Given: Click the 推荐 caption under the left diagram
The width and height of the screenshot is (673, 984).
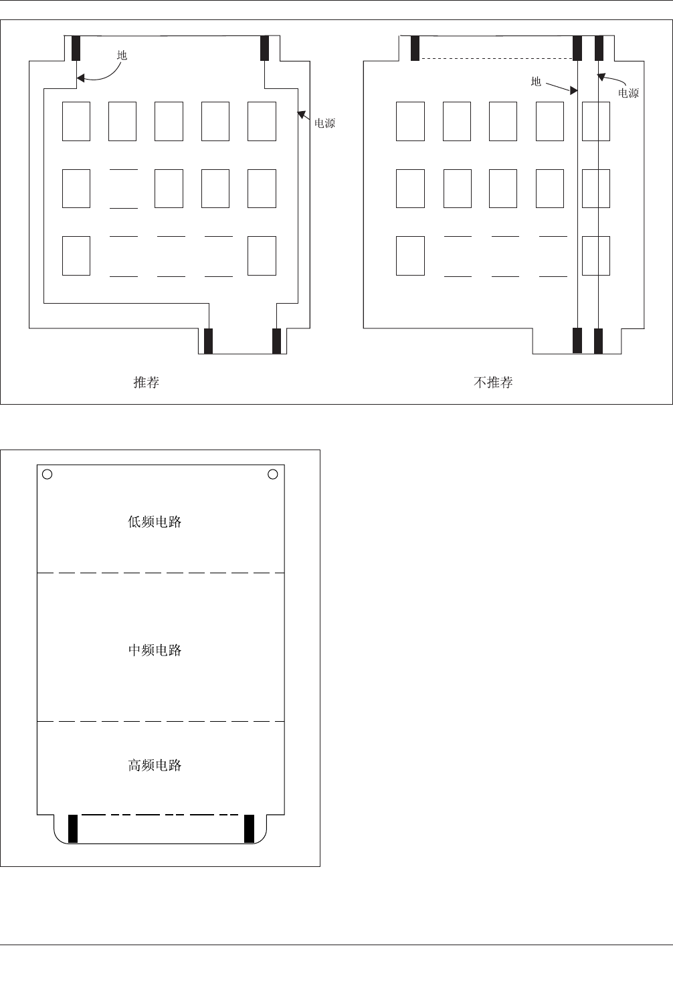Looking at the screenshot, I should tap(147, 383).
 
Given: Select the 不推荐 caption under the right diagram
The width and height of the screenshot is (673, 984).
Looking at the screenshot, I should tap(493, 383).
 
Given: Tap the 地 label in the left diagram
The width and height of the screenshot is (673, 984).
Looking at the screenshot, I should tap(122, 56).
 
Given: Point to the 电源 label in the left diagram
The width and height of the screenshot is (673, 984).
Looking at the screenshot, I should tap(324, 124).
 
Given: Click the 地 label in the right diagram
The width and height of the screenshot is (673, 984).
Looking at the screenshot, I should tap(536, 82).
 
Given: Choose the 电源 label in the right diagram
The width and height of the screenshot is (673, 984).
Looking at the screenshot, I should tap(628, 94).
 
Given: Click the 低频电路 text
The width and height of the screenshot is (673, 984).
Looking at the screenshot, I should tap(155, 522).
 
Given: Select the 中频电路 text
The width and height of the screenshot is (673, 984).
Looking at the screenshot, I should tap(155, 650).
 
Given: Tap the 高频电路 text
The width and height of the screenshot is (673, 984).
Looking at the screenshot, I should tap(155, 765).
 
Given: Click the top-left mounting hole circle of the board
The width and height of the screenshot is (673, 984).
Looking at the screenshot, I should tap(47, 474).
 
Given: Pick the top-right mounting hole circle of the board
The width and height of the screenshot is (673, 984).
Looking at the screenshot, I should tap(273, 474).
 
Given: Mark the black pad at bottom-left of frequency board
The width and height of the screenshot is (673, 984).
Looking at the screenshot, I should tap(73, 828).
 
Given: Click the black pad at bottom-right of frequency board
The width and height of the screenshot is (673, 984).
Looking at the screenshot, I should tap(249, 828).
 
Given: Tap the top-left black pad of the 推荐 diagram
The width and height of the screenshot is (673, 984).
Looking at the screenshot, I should tap(76, 48).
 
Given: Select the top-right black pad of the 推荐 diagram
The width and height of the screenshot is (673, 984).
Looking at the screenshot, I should tap(265, 48).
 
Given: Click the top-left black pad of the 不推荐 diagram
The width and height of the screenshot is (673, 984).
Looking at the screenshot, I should tap(415, 48).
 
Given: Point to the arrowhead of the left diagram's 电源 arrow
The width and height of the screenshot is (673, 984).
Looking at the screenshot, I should tap(300, 114).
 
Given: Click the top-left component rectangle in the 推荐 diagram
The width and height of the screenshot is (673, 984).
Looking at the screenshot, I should tap(76, 121).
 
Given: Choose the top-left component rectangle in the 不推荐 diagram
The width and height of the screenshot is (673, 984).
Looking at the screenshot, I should tap(410, 121).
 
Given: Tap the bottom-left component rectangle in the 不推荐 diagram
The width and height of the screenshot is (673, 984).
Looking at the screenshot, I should tap(410, 256).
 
